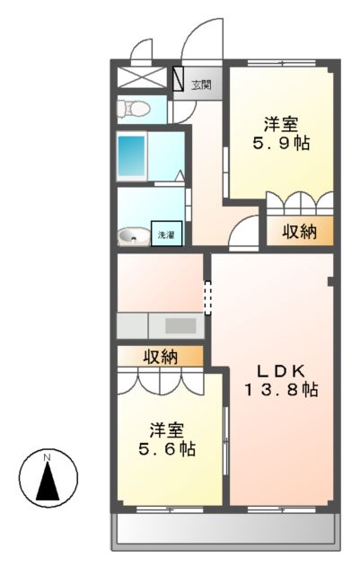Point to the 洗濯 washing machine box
click(167, 234)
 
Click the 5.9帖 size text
click(281, 143)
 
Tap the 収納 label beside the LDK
click(300, 232)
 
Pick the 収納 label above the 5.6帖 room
click(161, 356)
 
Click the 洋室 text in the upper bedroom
click(281, 124)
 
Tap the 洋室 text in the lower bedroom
click(167, 429)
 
